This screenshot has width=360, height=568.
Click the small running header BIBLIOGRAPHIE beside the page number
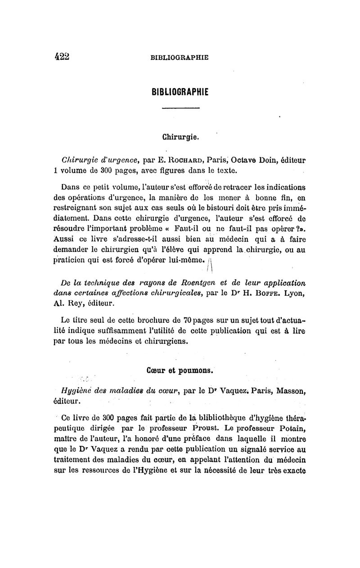coord(180,57)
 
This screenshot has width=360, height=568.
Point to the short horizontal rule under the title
coord(180,108)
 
